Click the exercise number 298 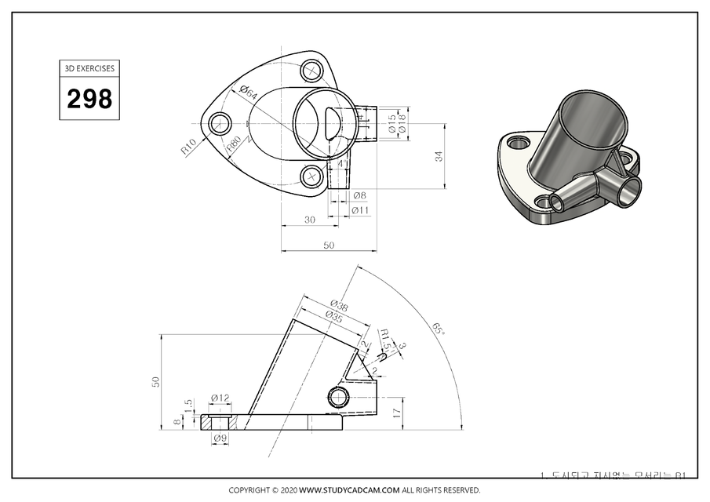click(89, 99)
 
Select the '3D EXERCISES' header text click(89, 68)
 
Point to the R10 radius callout click(188, 146)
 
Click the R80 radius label click(234, 144)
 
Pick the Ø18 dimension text click(402, 123)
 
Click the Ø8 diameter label click(359, 195)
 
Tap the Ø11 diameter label click(361, 210)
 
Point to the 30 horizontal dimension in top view click(310, 220)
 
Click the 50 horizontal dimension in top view click(329, 245)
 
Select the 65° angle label click(439, 327)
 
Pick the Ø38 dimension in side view click(339, 304)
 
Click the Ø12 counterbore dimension click(220, 398)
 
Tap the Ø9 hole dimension click(220, 437)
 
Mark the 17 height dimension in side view click(396, 410)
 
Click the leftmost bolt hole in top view click(219, 122)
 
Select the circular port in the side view click(339, 396)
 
